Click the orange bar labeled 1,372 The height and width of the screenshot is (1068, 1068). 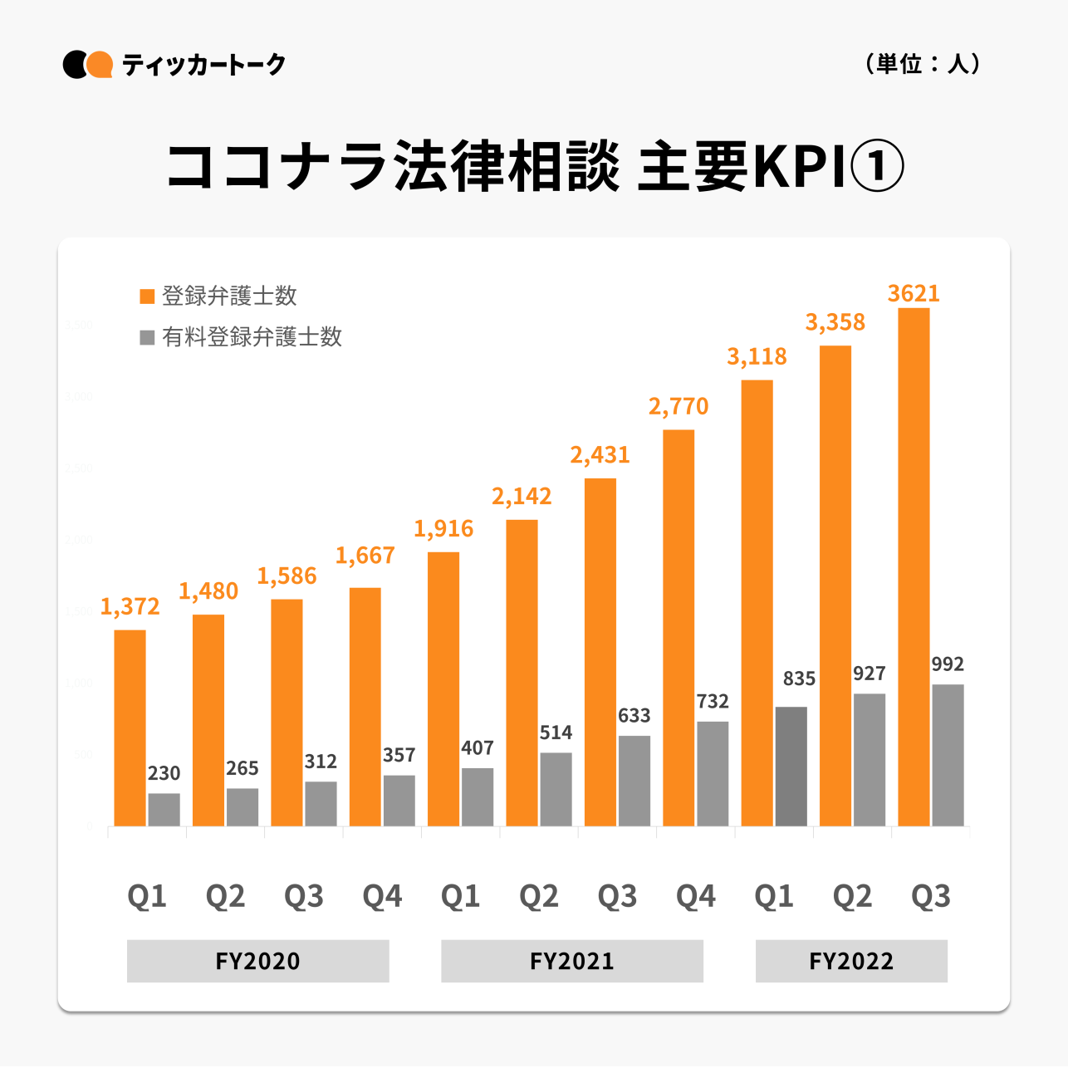(130, 728)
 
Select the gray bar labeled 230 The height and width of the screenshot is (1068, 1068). (164, 809)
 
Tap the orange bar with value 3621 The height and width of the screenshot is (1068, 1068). (914, 566)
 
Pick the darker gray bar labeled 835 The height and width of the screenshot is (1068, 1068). (791, 766)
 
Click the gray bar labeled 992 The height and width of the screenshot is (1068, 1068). (948, 755)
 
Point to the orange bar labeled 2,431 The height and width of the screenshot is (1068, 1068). (600, 652)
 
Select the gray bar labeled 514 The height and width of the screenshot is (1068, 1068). (556, 789)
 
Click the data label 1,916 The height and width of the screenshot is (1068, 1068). (443, 529)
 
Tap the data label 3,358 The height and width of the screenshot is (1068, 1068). (835, 322)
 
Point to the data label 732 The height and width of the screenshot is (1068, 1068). (713, 702)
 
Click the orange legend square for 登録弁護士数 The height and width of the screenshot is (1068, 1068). (148, 296)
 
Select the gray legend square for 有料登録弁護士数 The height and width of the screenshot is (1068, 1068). (148, 337)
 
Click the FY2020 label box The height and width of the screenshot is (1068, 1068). (257, 961)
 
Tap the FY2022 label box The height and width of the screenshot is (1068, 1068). (851, 961)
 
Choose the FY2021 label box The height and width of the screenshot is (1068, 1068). (572, 961)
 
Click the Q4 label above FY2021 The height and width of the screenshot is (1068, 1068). (696, 896)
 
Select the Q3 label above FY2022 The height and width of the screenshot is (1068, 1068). (931, 896)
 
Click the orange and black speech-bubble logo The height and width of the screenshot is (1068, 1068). (88, 65)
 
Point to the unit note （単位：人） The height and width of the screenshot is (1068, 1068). (923, 64)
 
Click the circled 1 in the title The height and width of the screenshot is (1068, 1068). (877, 166)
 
